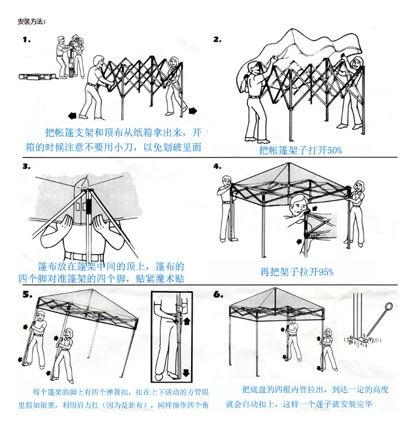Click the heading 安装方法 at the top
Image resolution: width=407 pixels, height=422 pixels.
point(31,22)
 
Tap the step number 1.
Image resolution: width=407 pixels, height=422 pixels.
point(27,40)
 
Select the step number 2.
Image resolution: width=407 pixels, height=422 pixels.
point(217,40)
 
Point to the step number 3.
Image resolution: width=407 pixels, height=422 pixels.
point(26,166)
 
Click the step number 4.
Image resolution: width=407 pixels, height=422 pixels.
point(217,166)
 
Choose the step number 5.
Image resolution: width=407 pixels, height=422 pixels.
point(27,294)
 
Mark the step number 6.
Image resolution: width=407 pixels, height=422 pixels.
point(218,295)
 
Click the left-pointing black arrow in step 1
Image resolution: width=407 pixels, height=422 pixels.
point(72,116)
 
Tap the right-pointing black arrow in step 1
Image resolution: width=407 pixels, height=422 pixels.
point(193,111)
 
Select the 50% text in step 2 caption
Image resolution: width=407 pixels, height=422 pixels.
point(334,150)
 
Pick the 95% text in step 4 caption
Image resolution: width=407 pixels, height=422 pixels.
point(326,272)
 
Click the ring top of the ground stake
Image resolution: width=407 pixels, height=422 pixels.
point(388,307)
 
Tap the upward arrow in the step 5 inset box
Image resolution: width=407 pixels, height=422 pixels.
point(187,321)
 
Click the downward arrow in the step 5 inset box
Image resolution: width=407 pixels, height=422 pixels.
point(186,373)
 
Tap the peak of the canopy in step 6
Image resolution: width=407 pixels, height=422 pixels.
point(275,288)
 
